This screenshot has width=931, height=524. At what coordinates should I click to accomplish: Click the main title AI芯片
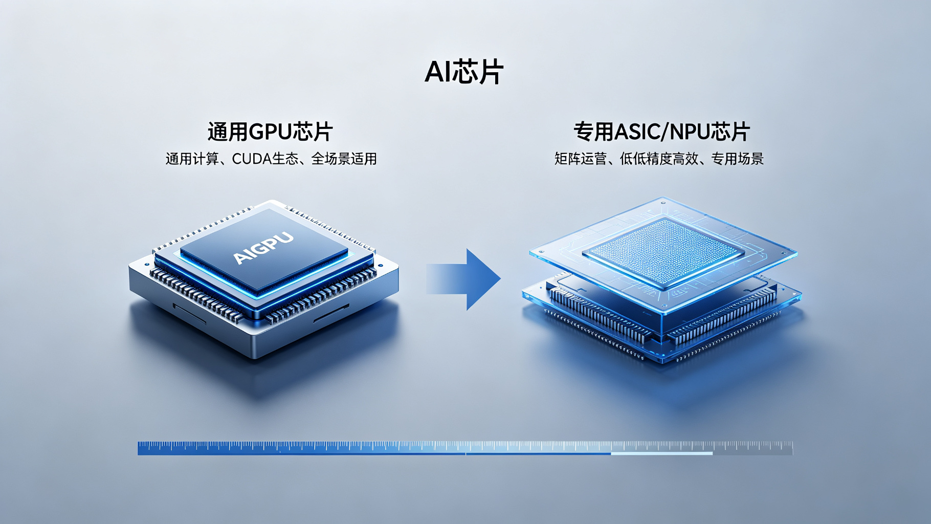(464, 72)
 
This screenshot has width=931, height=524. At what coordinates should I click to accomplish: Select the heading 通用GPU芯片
(270, 132)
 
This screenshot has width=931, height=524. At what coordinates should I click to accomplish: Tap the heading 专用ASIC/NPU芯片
(661, 132)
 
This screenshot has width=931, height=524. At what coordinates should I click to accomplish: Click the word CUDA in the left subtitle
(252, 159)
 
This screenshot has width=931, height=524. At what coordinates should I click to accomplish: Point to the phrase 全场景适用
(344, 159)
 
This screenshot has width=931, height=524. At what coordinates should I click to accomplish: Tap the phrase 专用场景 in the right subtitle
(738, 159)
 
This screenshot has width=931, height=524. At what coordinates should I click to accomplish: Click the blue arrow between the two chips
(463, 279)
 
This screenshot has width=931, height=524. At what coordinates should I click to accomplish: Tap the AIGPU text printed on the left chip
(263, 247)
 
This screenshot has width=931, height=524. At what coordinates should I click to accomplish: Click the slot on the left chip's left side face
(189, 313)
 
